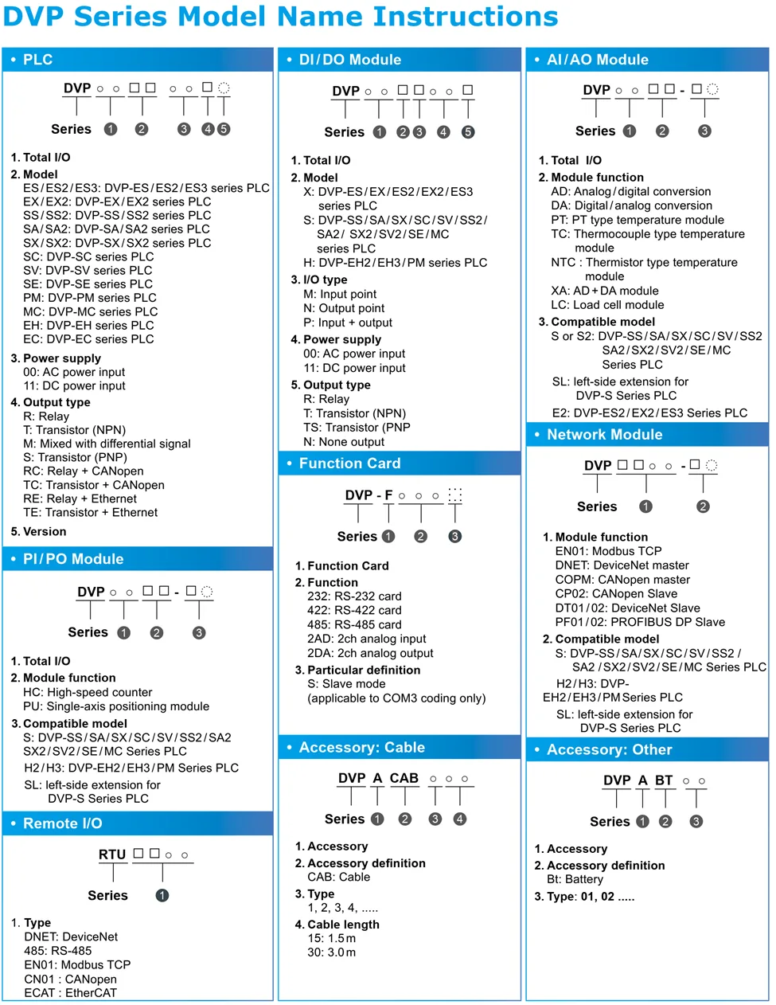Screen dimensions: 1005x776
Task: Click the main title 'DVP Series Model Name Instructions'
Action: click(x=281, y=17)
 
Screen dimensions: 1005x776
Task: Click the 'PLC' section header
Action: click(x=37, y=60)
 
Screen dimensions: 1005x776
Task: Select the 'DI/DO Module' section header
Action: click(x=349, y=60)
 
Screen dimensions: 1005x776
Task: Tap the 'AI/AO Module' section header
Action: click(x=597, y=60)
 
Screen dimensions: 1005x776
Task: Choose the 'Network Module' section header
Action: click(x=604, y=435)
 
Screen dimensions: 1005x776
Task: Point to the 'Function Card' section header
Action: click(x=349, y=463)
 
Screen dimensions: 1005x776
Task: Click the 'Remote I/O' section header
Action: click(x=62, y=823)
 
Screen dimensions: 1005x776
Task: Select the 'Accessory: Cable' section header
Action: click(x=361, y=748)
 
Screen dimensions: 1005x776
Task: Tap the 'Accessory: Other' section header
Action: click(x=609, y=750)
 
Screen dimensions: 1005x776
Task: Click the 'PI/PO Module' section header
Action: click(x=73, y=559)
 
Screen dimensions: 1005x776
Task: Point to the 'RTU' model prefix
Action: click(x=112, y=854)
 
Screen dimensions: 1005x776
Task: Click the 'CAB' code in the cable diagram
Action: click(x=404, y=778)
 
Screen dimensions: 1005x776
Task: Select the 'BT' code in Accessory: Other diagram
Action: click(x=664, y=780)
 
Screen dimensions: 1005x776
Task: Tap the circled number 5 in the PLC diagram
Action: click(x=224, y=129)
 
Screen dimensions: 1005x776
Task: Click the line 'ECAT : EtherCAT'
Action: click(x=70, y=993)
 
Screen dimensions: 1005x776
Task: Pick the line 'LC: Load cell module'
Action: click(x=607, y=305)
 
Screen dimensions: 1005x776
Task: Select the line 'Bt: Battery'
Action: click(x=575, y=880)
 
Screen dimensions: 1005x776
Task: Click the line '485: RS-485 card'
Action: click(x=354, y=625)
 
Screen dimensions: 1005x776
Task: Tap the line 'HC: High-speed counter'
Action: click(x=88, y=693)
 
